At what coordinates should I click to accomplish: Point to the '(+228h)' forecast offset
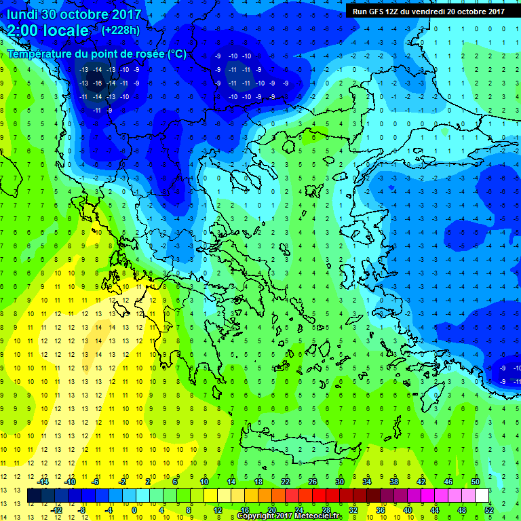[121, 30]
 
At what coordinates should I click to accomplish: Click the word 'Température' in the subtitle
[42, 54]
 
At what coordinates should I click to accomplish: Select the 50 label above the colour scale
[476, 482]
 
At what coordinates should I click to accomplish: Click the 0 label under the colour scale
[134, 510]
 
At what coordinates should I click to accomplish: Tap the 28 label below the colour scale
[326, 510]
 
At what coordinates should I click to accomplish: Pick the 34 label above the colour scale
[367, 482]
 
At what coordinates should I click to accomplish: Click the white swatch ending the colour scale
[482, 496]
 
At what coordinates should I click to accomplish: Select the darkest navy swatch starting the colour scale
[34, 496]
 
